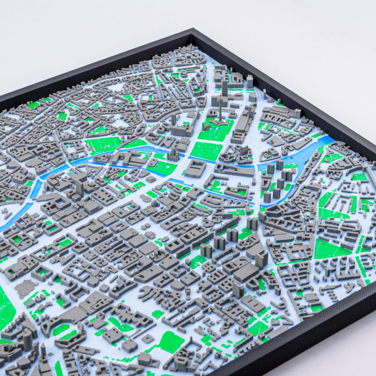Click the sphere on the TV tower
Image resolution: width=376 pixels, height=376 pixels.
coord(221,99)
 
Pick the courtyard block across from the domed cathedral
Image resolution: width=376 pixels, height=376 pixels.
coord(195,168)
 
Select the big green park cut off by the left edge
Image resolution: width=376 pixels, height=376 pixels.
coord(6,308)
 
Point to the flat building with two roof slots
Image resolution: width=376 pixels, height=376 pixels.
coord(253,303)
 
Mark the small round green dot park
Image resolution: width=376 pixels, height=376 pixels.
coord(157,314)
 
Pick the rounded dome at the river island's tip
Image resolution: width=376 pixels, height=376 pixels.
coord(155,203)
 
